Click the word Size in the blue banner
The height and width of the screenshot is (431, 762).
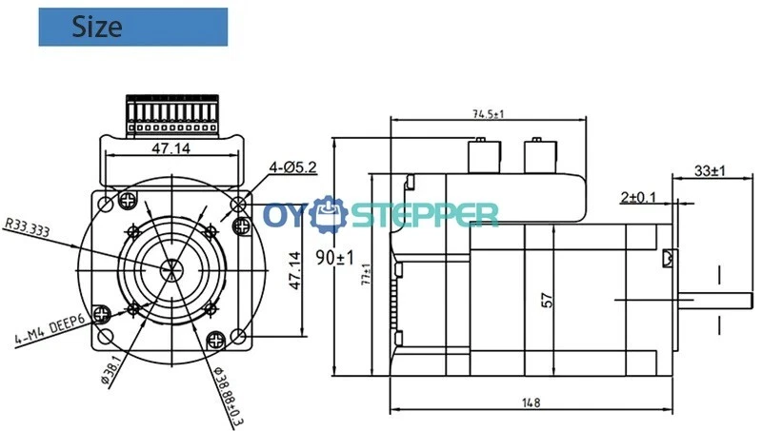coord(97,27)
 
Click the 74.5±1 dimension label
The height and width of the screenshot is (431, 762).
coord(489,114)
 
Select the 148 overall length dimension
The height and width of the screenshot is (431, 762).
coord(531,402)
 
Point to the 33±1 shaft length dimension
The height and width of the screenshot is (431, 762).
coord(710,171)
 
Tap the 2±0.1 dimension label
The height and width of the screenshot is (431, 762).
coord(638,197)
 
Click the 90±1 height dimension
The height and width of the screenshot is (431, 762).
coord(335,257)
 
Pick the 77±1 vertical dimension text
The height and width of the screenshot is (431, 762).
coord(366,274)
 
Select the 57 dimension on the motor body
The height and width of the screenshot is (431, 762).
coord(547,300)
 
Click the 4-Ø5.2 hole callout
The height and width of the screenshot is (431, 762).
coord(293,168)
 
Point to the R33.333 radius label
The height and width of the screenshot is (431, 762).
coord(28,227)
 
